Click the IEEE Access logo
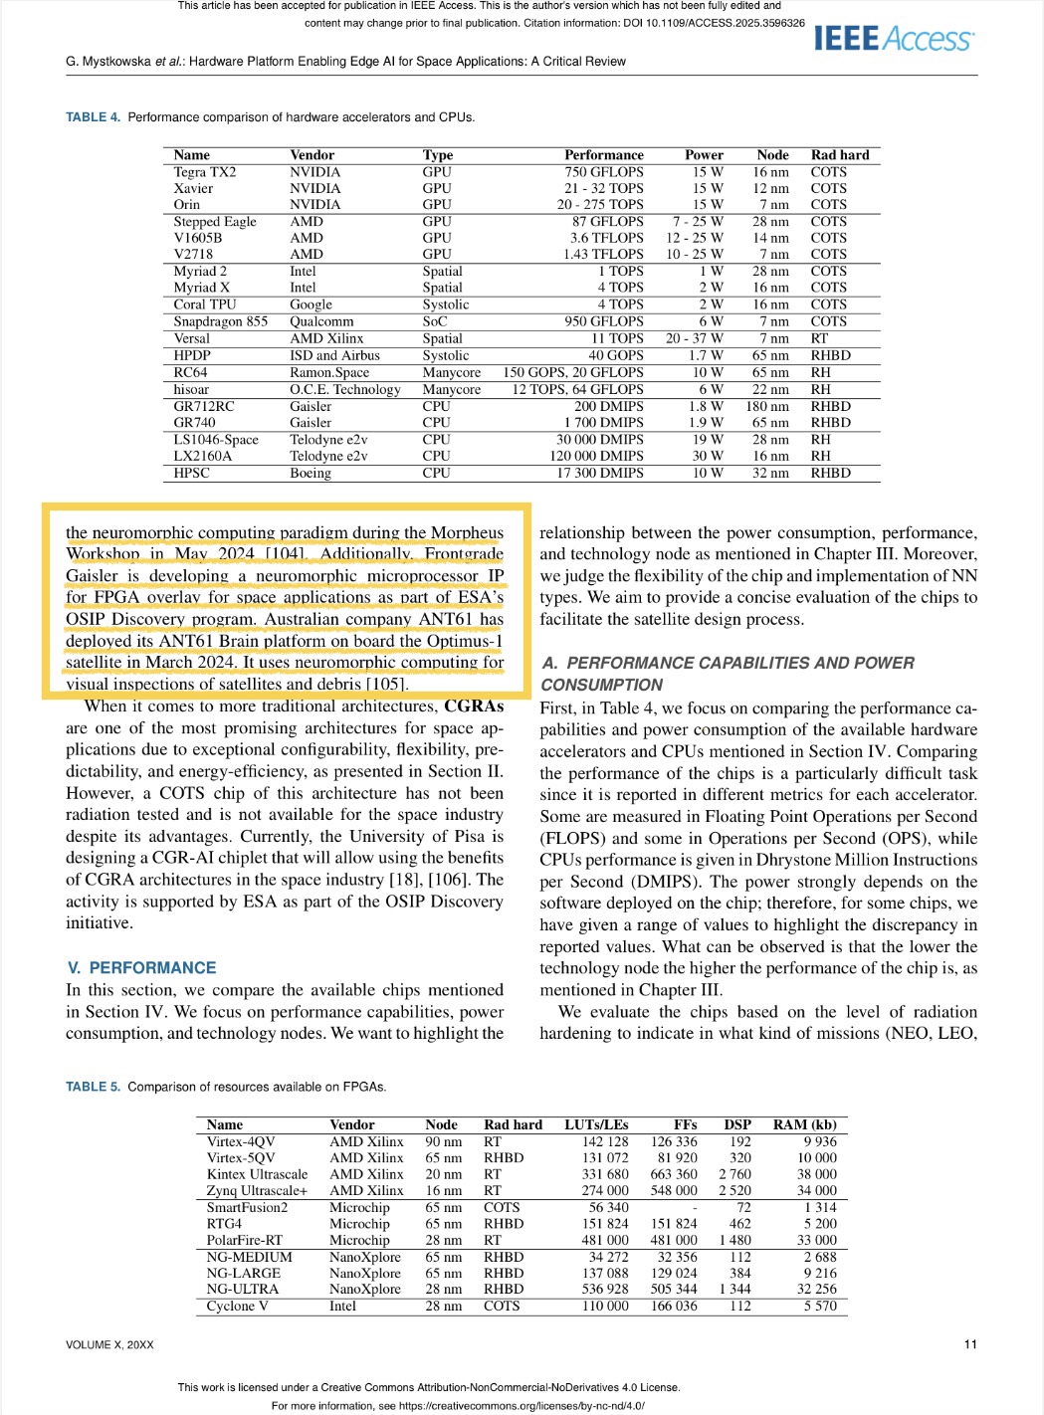(893, 39)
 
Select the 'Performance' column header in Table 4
(603, 155)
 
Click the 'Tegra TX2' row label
(205, 172)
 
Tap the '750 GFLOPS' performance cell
(603, 172)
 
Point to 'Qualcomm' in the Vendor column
(321, 321)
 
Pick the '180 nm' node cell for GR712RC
(767, 406)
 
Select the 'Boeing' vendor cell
(311, 473)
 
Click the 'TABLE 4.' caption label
(93, 117)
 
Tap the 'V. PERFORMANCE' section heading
(141, 967)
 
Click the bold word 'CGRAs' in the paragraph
(474, 706)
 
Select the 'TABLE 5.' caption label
(93, 1087)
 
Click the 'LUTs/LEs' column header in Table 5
(596, 1124)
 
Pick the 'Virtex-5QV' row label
(240, 1157)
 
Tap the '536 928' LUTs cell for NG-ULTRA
(605, 1289)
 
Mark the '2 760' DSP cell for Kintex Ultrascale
(734, 1174)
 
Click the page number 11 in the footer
(970, 1344)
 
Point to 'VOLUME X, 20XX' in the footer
(109, 1345)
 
